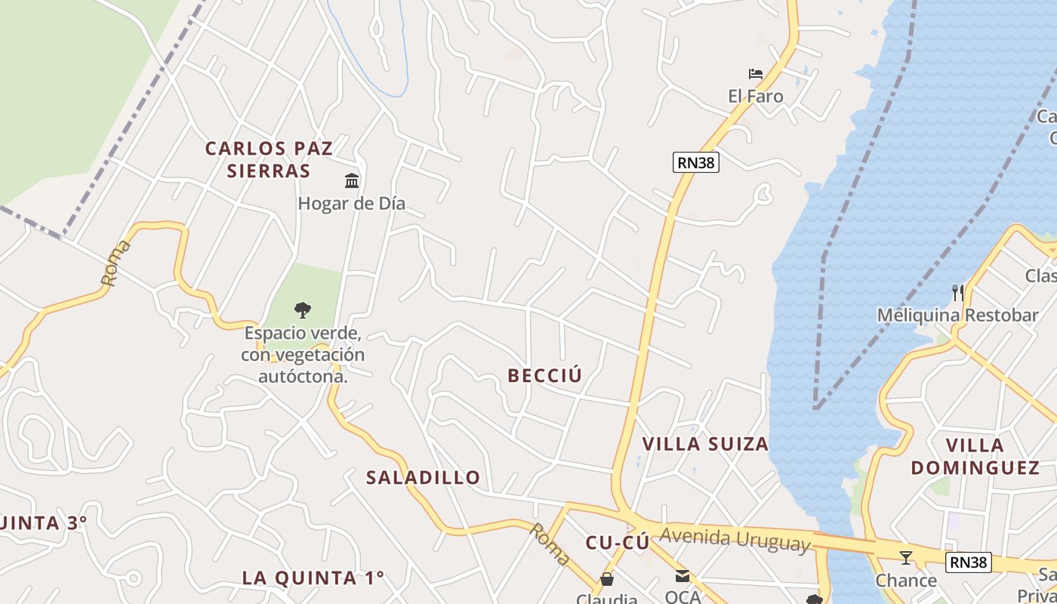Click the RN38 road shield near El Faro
pyautogui.click(x=695, y=162)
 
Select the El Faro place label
pyautogui.click(x=755, y=96)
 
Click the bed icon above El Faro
pyautogui.click(x=755, y=74)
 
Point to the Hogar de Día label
pyautogui.click(x=351, y=203)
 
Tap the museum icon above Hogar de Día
pyautogui.click(x=352, y=180)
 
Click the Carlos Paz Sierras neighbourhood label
pyautogui.click(x=269, y=159)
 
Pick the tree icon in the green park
pyautogui.click(x=303, y=309)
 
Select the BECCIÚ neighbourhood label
pyautogui.click(x=545, y=375)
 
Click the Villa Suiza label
pyautogui.click(x=705, y=443)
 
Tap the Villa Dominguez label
pyautogui.click(x=975, y=456)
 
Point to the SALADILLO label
pyautogui.click(x=423, y=477)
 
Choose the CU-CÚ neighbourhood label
pyautogui.click(x=618, y=542)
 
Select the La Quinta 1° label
pyautogui.click(x=313, y=578)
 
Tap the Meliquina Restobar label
pyautogui.click(x=957, y=315)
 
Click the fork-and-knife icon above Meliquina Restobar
pyautogui.click(x=957, y=293)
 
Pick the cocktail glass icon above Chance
pyautogui.click(x=906, y=558)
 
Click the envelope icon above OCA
pyautogui.click(x=683, y=576)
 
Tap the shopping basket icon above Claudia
pyautogui.click(x=606, y=579)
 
